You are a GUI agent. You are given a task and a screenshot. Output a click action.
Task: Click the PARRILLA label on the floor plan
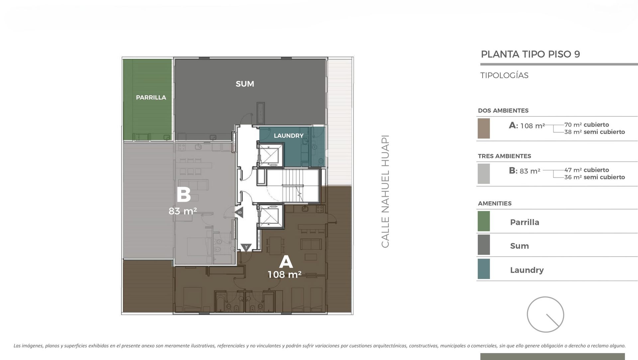tap(151, 97)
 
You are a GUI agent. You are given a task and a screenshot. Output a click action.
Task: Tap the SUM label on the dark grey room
tap(245, 84)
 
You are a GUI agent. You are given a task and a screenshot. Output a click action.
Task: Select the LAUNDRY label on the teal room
tap(288, 136)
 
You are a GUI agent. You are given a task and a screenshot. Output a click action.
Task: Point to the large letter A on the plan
tap(286, 262)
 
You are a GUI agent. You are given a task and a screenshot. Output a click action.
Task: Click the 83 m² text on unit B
tap(182, 211)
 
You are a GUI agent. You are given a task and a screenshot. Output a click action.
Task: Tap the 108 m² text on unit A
tap(284, 274)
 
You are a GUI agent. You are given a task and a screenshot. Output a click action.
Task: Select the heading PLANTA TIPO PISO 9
tap(530, 54)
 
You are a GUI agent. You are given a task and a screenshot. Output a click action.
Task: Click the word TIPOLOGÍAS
tap(504, 75)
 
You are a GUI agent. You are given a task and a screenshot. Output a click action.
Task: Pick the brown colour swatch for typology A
tap(483, 128)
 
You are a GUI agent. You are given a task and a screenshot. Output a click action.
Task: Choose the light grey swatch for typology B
tap(483, 174)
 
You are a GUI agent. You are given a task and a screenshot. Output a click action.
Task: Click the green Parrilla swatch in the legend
tap(483, 221)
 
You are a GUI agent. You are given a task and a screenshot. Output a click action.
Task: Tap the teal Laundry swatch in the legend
tap(483, 269)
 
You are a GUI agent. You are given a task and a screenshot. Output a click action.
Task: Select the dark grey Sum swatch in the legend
tap(483, 245)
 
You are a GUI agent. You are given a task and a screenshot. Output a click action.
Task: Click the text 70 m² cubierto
tap(586, 125)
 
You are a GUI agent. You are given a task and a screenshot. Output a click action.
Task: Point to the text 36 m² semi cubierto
tap(594, 177)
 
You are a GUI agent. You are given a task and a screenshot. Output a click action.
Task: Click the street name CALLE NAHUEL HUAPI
tap(385, 191)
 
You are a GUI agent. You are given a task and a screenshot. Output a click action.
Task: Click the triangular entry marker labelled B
tap(239, 212)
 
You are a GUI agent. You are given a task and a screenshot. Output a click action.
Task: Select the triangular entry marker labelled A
tap(246, 247)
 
